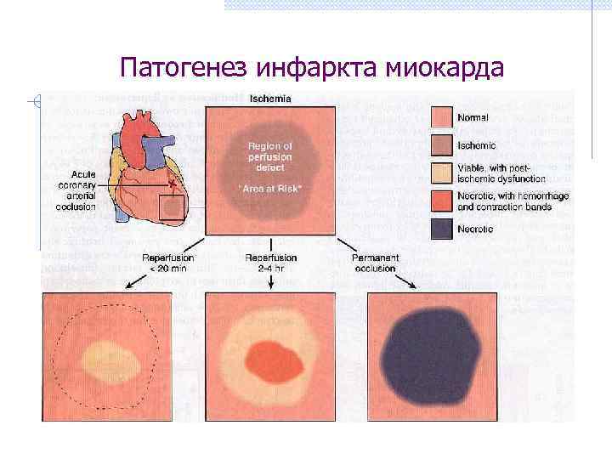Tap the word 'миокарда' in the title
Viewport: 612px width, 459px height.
444,65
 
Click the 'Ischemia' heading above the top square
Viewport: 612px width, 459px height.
269,99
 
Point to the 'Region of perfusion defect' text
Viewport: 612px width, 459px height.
269,157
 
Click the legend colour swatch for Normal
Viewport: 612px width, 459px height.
441,116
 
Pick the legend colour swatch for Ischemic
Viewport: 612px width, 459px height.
441,145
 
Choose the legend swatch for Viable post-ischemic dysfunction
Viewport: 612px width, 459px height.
441,173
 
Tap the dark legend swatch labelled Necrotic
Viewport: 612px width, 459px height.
441,229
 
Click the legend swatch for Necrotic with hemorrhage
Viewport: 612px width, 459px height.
441,201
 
